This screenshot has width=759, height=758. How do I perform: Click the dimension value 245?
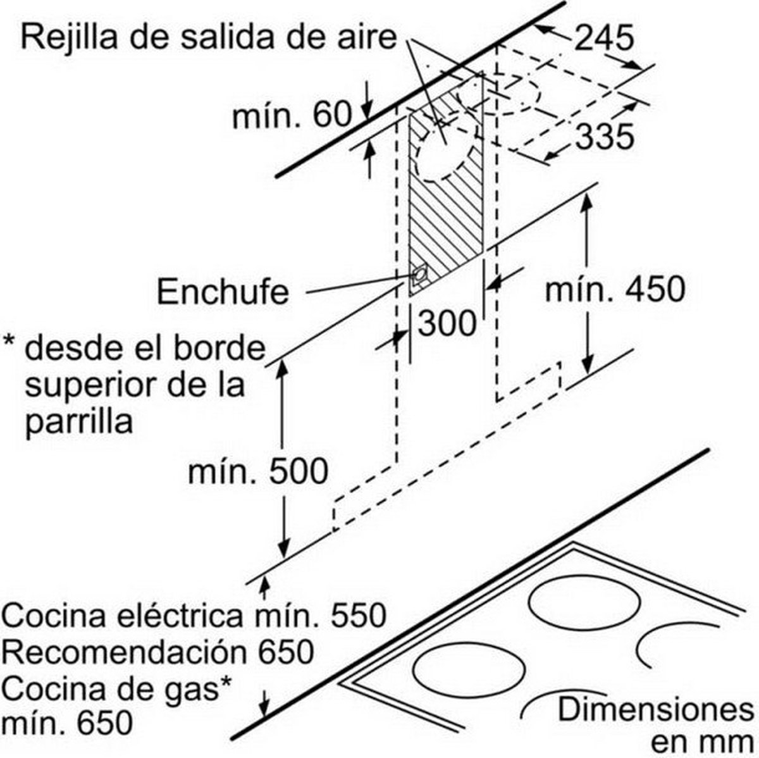pyautogui.click(x=605, y=38)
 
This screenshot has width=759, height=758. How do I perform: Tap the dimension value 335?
pyautogui.click(x=605, y=137)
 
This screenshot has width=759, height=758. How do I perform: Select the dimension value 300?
pyautogui.click(x=447, y=323)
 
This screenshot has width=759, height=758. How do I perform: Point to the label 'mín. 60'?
pyautogui.click(x=292, y=115)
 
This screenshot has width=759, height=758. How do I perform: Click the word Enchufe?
pyautogui.click(x=223, y=292)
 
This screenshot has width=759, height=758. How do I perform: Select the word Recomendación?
pyautogui.click(x=124, y=652)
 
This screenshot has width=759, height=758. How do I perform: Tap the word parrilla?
pyautogui.click(x=79, y=421)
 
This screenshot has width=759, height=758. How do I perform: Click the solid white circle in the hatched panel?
pyautogui.click(x=445, y=158)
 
